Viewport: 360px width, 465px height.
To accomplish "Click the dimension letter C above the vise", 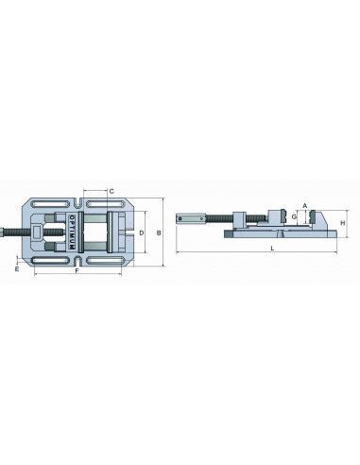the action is (x=111, y=191).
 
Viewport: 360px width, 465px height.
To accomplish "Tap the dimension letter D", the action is (x=142, y=232).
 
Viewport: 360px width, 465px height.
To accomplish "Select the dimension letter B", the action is (x=159, y=232).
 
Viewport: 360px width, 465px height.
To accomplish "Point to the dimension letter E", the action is (x=17, y=268).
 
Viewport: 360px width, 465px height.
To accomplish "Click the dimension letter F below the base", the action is (x=77, y=270).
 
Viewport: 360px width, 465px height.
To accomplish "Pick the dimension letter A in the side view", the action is (x=304, y=206).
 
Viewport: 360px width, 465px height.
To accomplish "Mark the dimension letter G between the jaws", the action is (x=294, y=216).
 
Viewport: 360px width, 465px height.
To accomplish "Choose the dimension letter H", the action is (x=343, y=223).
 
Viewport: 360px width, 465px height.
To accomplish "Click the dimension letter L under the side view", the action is (x=273, y=249).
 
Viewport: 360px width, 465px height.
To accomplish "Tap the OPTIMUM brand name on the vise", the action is (x=71, y=232).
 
